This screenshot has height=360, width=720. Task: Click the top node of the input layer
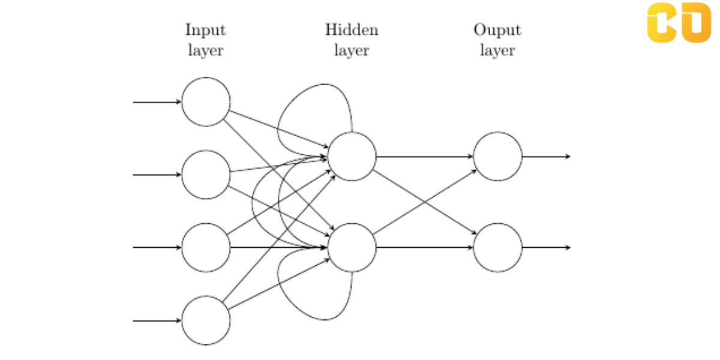(x=206, y=102)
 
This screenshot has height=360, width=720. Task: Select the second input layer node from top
(x=206, y=175)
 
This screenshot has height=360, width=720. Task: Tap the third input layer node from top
(x=206, y=247)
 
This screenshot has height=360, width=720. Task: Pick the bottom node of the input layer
(x=206, y=320)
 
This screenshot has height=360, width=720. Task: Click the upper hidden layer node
(x=352, y=157)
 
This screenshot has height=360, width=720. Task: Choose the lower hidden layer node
(x=352, y=247)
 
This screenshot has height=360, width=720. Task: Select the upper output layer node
(x=497, y=157)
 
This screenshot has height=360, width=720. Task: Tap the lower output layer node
(x=497, y=247)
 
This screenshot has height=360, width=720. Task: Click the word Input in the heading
(x=205, y=30)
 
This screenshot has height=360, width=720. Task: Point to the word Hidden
(x=352, y=30)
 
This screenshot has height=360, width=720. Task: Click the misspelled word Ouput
(x=497, y=30)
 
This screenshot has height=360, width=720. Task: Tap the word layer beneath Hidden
(x=352, y=50)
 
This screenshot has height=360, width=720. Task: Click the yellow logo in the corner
(x=678, y=23)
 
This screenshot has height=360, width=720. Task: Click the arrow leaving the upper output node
(x=546, y=157)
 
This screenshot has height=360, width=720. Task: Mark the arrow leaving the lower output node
(x=546, y=247)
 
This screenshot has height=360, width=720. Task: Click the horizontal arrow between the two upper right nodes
(x=425, y=157)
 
